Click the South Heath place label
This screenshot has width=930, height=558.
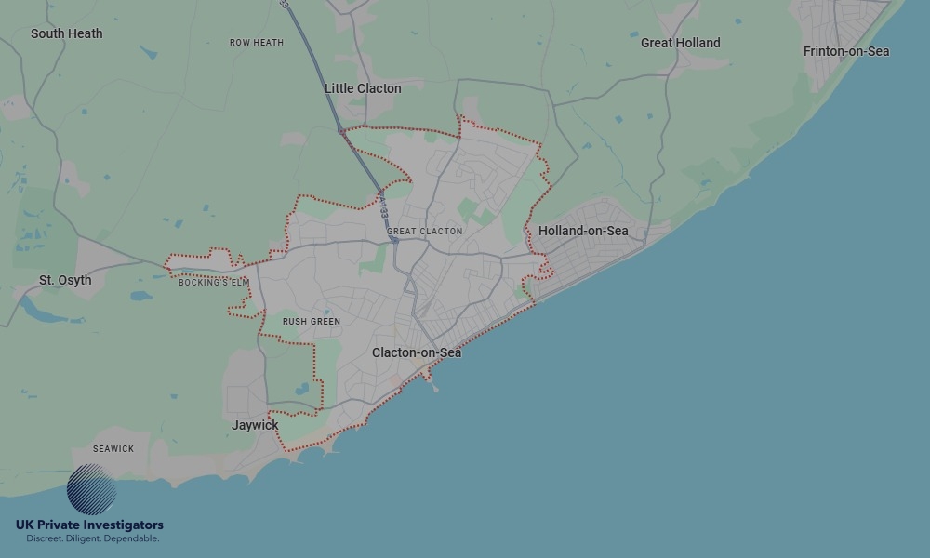(66, 33)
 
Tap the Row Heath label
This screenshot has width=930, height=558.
(257, 43)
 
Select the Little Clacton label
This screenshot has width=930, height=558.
(363, 88)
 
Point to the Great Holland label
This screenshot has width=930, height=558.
(680, 43)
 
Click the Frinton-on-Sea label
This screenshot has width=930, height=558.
(846, 51)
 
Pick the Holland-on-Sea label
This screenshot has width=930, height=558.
(583, 231)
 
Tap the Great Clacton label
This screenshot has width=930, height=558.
(424, 232)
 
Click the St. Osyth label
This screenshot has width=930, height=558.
(65, 280)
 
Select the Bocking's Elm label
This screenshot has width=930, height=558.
(214, 283)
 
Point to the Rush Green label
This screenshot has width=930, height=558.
(312, 322)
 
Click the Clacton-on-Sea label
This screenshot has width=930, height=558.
(417, 352)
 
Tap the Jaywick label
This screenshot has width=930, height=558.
(255, 425)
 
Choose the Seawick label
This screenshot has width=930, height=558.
(113, 449)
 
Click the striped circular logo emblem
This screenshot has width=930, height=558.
(92, 489)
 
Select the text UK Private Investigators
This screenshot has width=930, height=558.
(89, 525)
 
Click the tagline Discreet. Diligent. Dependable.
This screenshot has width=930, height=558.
(92, 538)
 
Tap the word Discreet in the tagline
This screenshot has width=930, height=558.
(44, 538)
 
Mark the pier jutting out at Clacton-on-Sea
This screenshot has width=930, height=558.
(432, 379)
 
